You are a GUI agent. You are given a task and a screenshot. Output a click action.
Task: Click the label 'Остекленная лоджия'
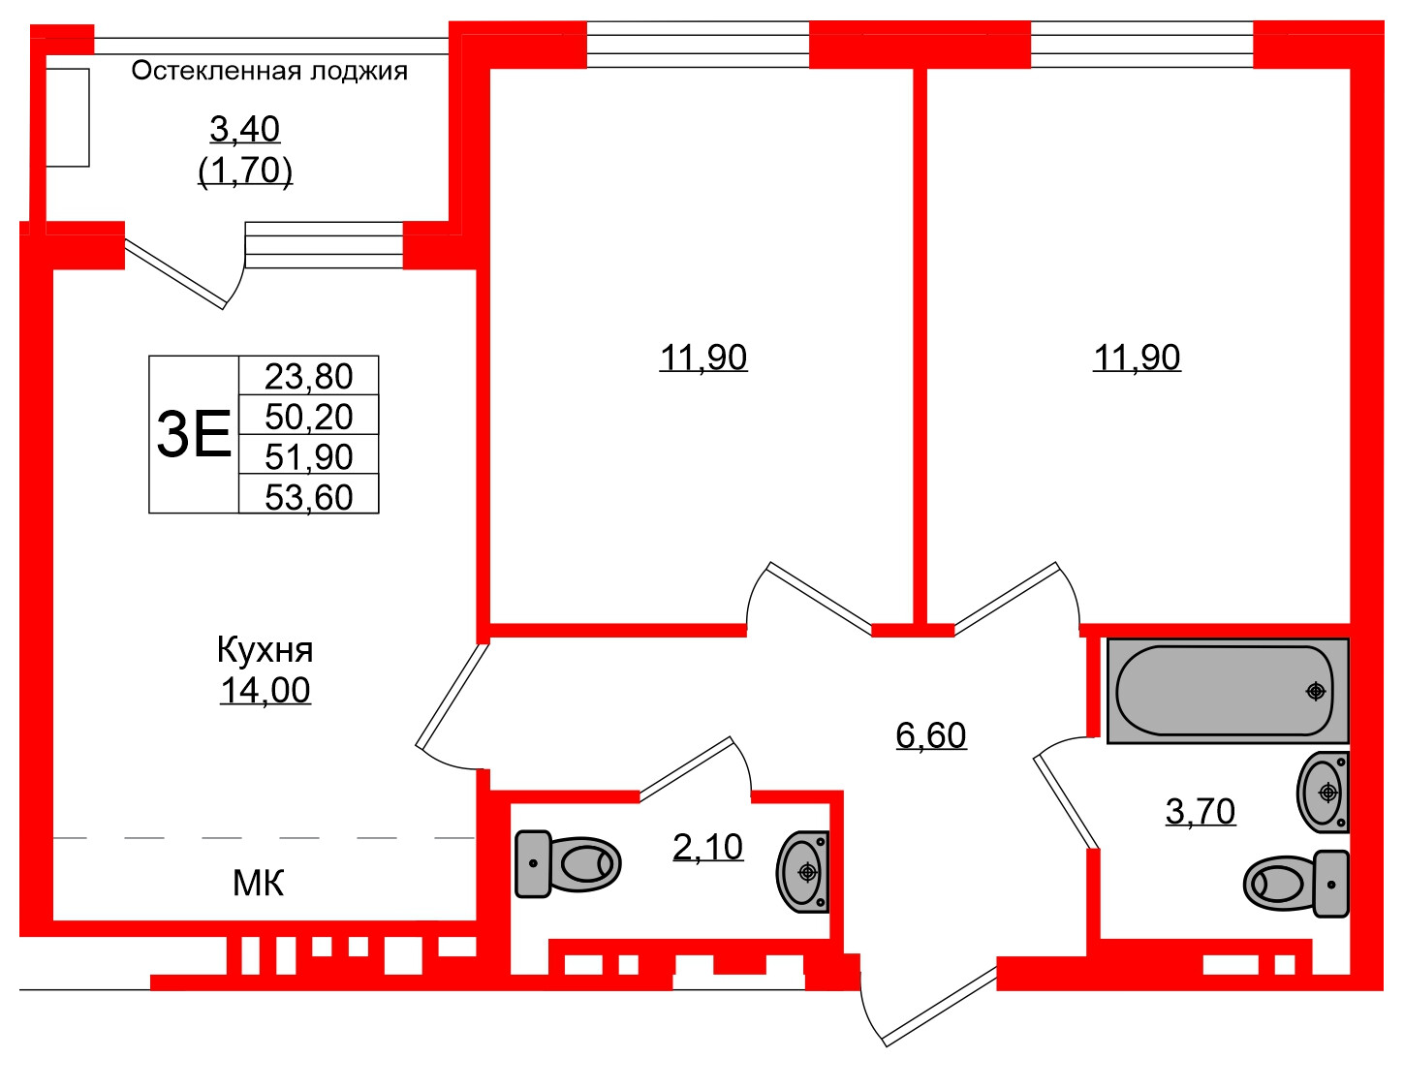(269, 71)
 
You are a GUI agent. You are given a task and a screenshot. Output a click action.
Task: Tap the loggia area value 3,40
(244, 128)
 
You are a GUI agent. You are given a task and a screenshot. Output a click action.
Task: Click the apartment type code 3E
(194, 434)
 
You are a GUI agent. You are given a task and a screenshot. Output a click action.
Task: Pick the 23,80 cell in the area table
(308, 376)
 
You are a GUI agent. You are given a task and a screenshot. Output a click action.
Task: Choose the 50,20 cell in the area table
(308, 417)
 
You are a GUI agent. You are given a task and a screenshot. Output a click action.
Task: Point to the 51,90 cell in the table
(308, 456)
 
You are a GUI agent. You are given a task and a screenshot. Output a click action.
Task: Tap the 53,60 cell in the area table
(308, 496)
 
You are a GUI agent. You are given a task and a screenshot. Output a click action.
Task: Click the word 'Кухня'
(265, 649)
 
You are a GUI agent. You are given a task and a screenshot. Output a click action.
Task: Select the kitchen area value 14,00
(265, 690)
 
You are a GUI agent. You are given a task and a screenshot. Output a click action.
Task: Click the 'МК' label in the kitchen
(259, 883)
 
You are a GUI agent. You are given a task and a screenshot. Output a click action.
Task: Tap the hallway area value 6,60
(930, 735)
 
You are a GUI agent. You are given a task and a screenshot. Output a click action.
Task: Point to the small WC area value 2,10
(707, 847)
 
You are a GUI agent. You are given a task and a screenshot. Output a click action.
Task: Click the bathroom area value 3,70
(1200, 811)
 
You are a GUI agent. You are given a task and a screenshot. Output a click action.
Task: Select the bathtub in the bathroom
(1227, 691)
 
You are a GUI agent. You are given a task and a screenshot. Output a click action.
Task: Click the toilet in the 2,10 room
(568, 863)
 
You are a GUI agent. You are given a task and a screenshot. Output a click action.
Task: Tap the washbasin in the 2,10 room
(803, 872)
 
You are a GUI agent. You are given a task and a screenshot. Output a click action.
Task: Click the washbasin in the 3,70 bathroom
(1323, 793)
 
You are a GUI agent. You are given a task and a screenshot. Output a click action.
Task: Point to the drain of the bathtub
(1315, 691)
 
